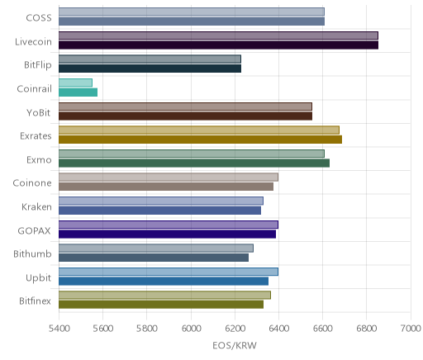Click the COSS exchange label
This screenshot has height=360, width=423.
pos(39,18)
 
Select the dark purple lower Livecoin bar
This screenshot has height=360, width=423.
pos(218,45)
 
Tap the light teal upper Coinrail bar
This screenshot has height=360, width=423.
pos(75,83)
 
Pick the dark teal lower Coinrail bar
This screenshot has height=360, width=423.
pos(78,92)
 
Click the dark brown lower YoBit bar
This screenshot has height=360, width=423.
pos(185,116)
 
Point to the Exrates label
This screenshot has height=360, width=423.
pos(36,136)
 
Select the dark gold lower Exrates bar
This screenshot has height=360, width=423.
pos(200,140)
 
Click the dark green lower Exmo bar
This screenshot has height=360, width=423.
pos(194,163)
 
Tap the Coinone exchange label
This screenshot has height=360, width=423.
pos(32,183)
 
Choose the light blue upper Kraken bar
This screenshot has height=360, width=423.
pos(161,201)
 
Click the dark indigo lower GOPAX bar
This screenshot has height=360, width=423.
pos(167,234)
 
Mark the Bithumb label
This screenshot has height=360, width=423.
pos(32,253)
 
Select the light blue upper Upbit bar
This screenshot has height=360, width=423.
pos(169,272)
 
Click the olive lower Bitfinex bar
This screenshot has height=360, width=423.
pos(161,305)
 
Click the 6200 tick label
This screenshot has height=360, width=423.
pos(235,329)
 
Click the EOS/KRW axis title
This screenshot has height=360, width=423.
pos(235,346)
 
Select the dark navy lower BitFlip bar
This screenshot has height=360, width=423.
pos(150,69)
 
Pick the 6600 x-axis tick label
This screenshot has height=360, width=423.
pos(323,329)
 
